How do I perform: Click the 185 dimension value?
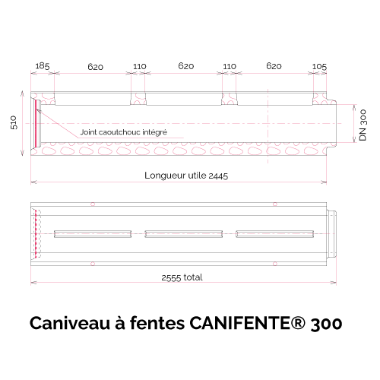coord(43,66)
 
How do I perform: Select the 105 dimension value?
coord(319,67)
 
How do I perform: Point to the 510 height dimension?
coord(14,122)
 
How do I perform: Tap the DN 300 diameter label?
coord(363,125)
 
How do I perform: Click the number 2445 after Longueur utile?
coord(218,176)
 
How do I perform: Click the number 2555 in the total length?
coord(171,278)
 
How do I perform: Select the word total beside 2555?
coord(193,277)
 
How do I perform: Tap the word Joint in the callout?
coord(88,132)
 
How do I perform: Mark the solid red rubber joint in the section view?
coord(38,123)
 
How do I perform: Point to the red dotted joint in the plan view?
coord(36,234)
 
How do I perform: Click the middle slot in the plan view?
coord(184,234)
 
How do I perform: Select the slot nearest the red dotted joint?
coord(93,234)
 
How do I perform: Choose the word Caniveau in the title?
coord(70,323)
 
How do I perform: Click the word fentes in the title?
coord(157,323)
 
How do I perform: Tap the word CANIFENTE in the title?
coord(239,323)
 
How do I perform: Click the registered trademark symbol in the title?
coord(298,322)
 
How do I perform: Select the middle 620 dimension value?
coord(186,66)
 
